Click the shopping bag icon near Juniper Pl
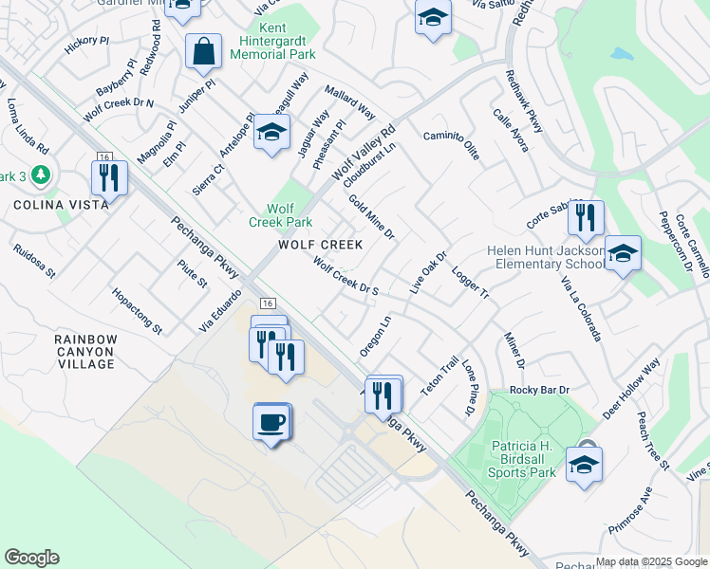[204, 51]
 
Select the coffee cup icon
[271, 421]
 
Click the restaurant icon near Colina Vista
[109, 176]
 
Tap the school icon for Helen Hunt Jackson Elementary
[622, 254]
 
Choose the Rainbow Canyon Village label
[84, 351]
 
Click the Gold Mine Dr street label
[371, 217]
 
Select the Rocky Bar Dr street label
[538, 390]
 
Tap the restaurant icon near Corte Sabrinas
[586, 218]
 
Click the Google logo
[31, 558]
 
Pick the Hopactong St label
[137, 311]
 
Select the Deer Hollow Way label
[631, 390]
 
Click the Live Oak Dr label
[428, 271]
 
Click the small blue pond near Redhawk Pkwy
[621, 54]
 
